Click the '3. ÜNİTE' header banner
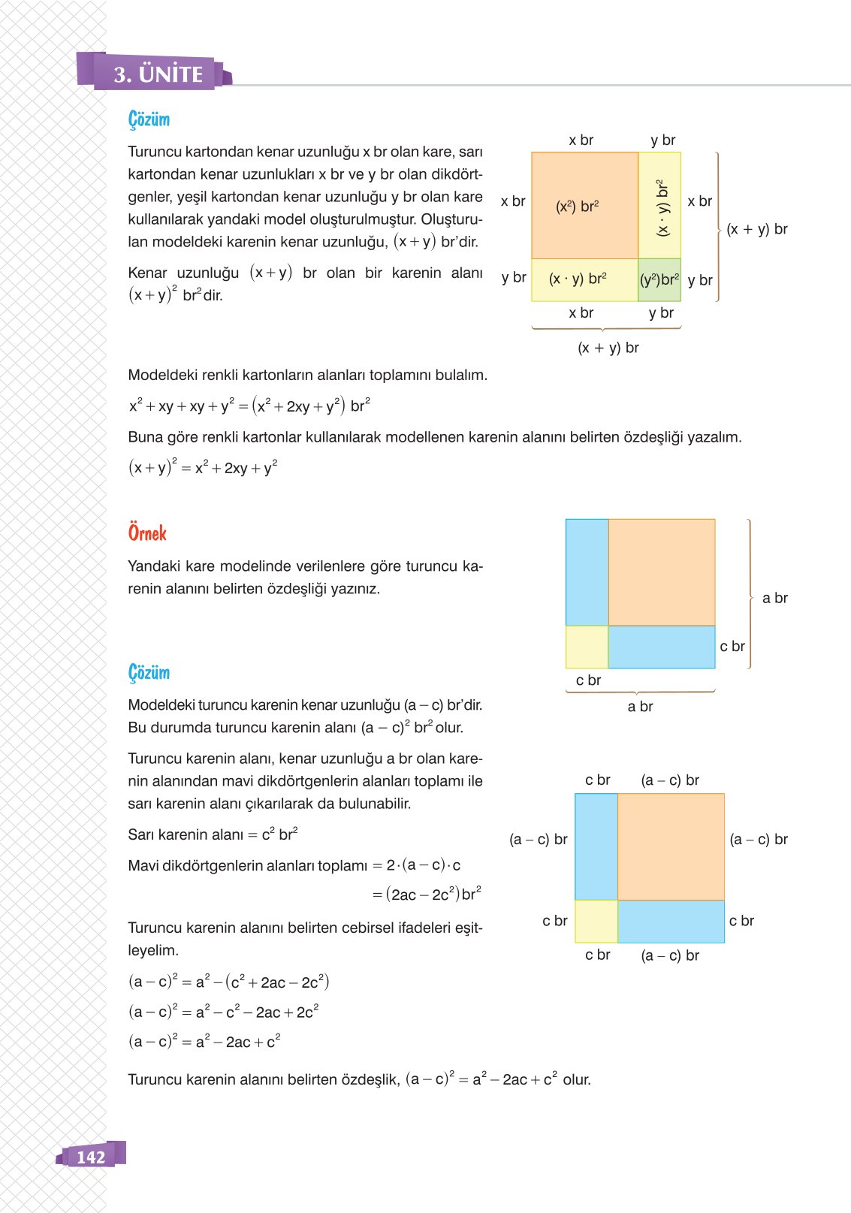[158, 74]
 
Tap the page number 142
[91, 1157]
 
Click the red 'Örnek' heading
[147, 533]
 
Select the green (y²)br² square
[659, 280]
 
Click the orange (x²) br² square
[584, 206]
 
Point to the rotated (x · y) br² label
[662, 208]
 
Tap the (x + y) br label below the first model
[608, 348]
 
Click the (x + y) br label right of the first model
[756, 229]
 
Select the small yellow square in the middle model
[587, 647]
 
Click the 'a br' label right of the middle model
[774, 598]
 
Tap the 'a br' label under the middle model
[640, 706]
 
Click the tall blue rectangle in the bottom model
[596, 846]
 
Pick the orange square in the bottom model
[671, 846]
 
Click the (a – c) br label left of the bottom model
[538, 839]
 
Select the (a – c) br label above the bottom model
[670, 780]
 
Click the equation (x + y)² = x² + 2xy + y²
[203, 467]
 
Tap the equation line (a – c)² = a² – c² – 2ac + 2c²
[223, 1012]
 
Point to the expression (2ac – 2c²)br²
[433, 894]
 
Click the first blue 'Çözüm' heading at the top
[149, 119]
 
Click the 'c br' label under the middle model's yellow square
[588, 680]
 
